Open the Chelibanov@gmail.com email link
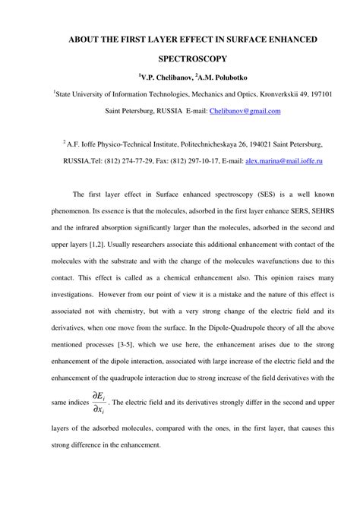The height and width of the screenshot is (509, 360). coord(241,111)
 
